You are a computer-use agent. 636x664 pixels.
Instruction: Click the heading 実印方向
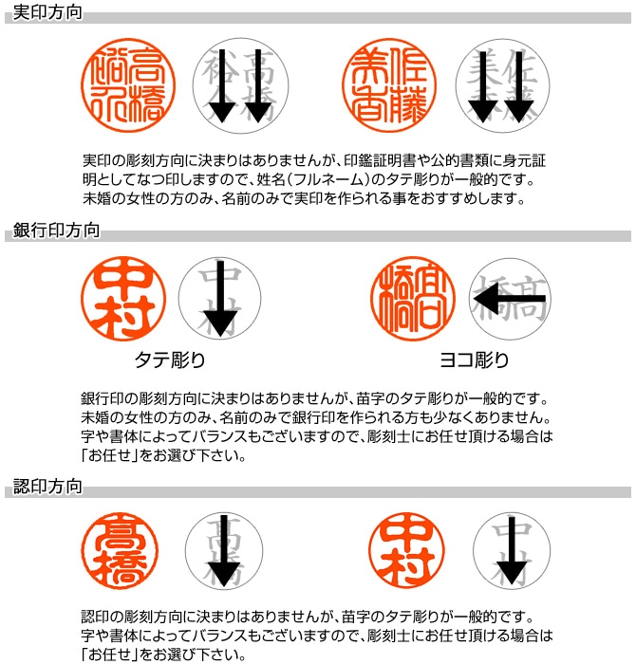click(47, 14)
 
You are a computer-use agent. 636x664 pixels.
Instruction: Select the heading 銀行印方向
click(54, 231)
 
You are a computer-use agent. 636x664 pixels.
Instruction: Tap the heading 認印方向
click(47, 488)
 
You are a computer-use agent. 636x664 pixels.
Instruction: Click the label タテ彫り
click(170, 360)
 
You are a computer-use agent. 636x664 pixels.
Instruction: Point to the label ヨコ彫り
click(474, 360)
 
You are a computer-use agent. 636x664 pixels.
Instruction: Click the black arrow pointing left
click(509, 300)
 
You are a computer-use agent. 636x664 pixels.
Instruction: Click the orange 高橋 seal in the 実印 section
click(122, 83)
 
